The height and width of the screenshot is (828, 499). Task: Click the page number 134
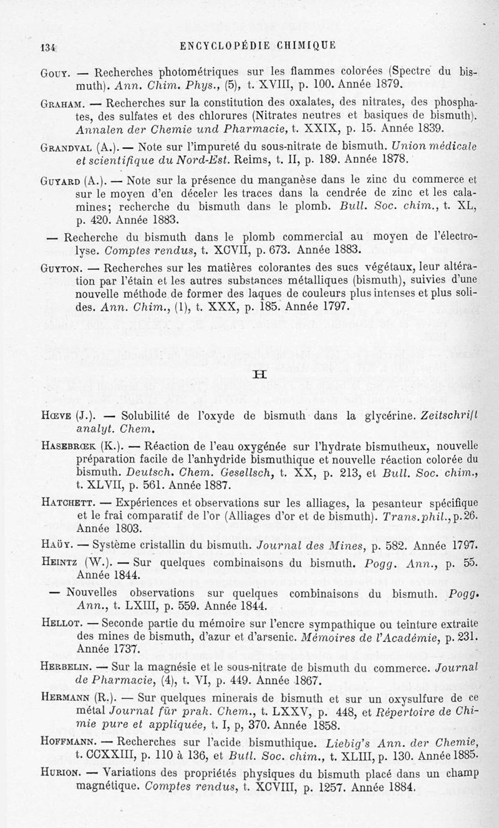tap(48, 46)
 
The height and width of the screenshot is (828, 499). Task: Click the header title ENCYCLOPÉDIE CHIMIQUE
tap(257, 44)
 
